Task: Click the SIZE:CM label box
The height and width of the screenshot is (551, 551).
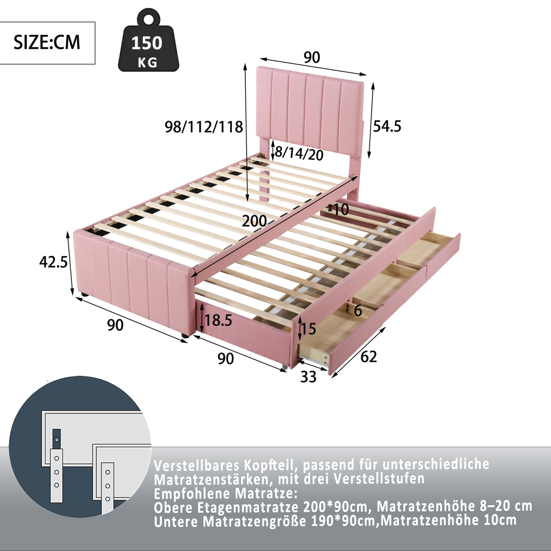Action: click(47, 43)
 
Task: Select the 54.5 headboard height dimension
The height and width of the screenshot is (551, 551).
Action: click(387, 126)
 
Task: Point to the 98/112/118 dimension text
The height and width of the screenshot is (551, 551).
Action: click(204, 127)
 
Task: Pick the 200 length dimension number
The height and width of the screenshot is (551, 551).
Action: click(254, 221)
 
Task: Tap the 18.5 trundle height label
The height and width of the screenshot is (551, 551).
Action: click(218, 320)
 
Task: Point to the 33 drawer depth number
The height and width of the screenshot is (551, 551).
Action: click(309, 377)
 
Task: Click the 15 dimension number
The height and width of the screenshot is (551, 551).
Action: click(308, 329)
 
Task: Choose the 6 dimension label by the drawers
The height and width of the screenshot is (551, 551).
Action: click(358, 310)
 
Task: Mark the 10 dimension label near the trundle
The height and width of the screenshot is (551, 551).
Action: click(341, 210)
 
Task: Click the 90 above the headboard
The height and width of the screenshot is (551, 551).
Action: click(312, 57)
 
